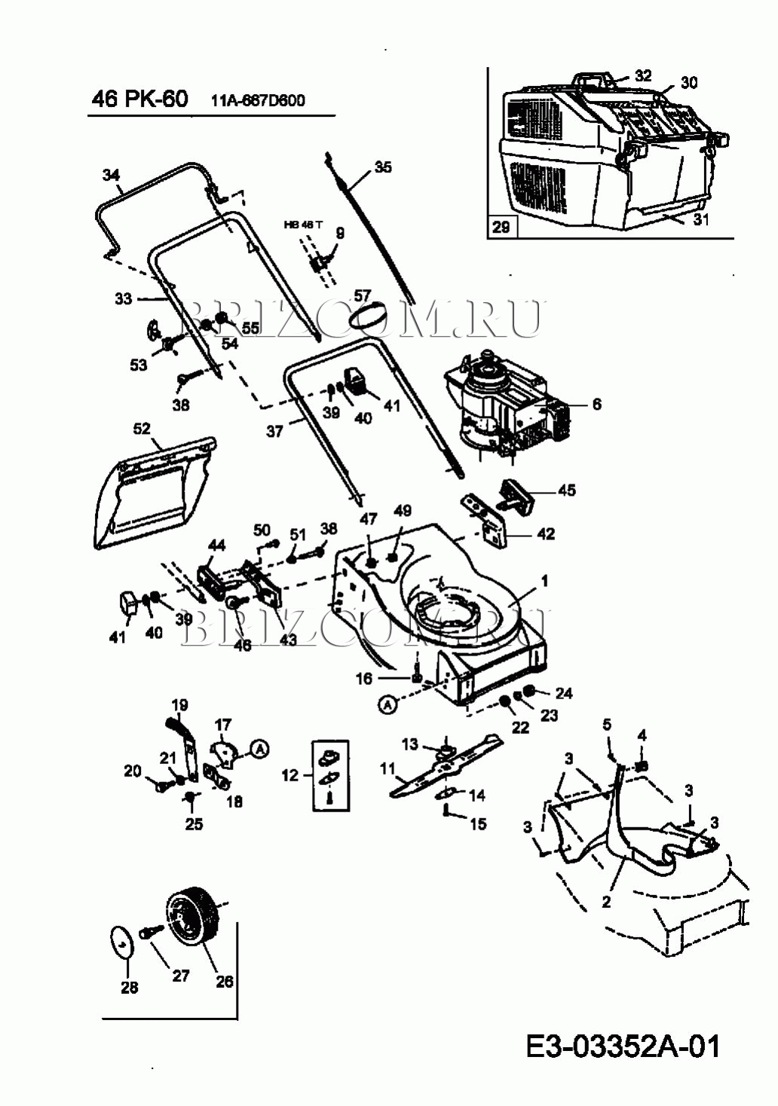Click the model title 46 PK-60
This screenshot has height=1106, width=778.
(139, 99)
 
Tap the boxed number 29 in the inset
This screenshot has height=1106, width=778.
(501, 225)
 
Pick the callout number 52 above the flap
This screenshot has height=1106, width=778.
(142, 429)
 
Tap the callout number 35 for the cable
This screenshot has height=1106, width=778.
(383, 167)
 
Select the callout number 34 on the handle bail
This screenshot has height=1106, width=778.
(111, 176)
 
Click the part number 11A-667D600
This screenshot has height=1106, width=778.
(258, 101)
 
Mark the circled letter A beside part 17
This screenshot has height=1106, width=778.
(259, 749)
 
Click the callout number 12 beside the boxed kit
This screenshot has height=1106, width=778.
(290, 775)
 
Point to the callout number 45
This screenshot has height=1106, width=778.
(567, 490)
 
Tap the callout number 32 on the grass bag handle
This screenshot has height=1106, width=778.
(642, 75)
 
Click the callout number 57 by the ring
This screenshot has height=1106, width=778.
(363, 296)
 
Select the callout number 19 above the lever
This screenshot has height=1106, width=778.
(179, 706)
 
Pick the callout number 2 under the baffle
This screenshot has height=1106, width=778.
(606, 901)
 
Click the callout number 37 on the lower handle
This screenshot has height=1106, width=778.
(274, 431)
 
